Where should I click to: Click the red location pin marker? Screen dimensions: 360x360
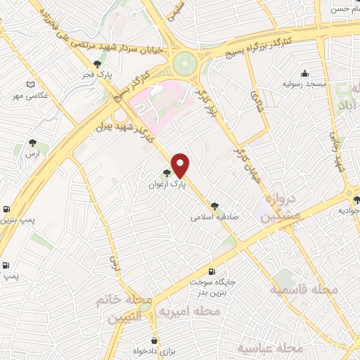click(x=181, y=165)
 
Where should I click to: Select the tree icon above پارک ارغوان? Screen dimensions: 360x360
click(x=166, y=174)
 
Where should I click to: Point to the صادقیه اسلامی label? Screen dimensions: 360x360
click(x=214, y=217)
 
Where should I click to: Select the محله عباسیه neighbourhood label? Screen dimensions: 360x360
click(x=269, y=348)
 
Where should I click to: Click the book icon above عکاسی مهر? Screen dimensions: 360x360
click(x=30, y=85)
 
